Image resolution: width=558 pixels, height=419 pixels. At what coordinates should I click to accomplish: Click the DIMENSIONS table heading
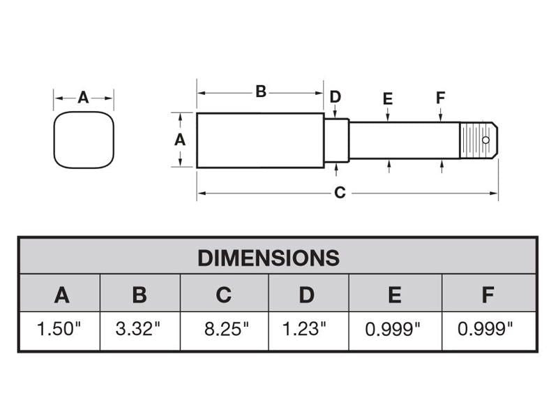[268, 257]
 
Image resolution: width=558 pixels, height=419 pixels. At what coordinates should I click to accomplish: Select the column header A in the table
[61, 295]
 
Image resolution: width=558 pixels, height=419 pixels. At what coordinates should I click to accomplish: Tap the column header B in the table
[139, 295]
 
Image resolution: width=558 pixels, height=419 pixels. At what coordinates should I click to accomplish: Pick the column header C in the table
[223, 295]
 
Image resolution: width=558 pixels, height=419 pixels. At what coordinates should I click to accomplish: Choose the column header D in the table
[307, 295]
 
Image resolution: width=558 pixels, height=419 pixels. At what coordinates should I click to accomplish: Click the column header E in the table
[394, 295]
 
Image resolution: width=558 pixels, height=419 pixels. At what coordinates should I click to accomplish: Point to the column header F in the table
[488, 295]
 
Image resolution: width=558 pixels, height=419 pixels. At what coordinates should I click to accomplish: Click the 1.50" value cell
[59, 330]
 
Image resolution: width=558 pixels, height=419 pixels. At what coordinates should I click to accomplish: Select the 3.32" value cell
[139, 330]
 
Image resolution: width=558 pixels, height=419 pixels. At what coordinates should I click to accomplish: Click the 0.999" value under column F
[486, 330]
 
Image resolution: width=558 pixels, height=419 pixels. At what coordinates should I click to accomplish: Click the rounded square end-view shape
[84, 140]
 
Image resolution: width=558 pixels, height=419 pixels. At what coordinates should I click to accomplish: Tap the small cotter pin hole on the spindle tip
[485, 140]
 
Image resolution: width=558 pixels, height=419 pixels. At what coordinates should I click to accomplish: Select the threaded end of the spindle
[474, 140]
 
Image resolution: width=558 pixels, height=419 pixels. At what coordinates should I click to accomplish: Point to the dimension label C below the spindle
[340, 193]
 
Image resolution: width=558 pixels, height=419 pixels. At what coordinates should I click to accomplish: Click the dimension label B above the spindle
[260, 91]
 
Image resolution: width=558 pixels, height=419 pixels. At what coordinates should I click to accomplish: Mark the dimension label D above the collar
[335, 96]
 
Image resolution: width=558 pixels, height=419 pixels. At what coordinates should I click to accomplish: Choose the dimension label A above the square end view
[83, 98]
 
